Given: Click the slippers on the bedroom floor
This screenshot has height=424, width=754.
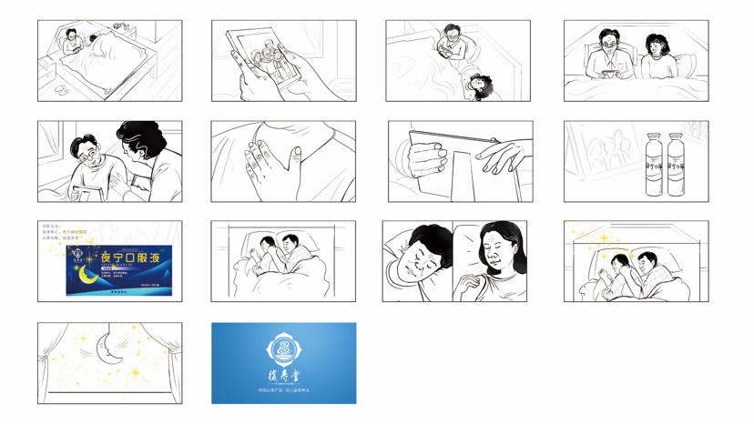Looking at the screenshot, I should coord(60,89).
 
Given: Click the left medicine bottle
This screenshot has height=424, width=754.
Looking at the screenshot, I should coord(653,164).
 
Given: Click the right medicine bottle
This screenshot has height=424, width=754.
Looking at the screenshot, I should coord(677,164).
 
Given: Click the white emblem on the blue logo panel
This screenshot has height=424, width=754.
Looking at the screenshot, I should coord(283,349).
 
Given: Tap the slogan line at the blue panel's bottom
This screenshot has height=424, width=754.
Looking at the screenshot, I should coord(283,390).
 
